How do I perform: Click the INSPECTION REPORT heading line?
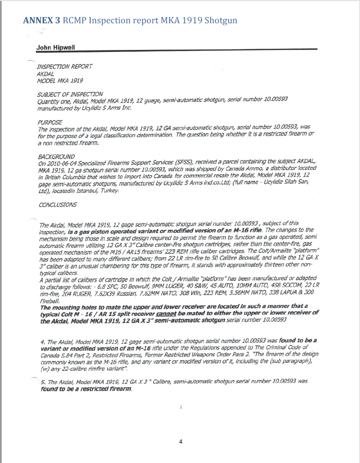pyautogui.click(x=65, y=66)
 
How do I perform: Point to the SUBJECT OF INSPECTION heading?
pyautogui.click(x=70, y=94)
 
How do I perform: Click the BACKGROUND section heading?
pyautogui.click(x=56, y=157)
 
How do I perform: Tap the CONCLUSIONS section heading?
pyautogui.click(x=57, y=205)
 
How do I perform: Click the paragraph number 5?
pyautogui.click(x=42, y=382)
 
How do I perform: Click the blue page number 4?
pyautogui.click(x=180, y=441)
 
